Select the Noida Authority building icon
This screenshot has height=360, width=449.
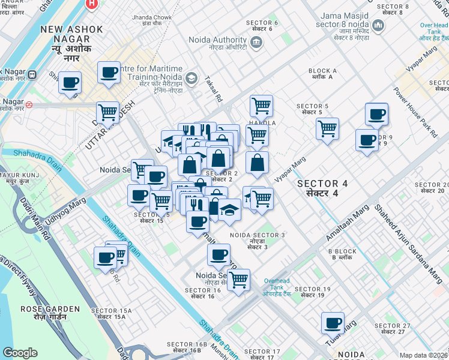(x=256, y=41)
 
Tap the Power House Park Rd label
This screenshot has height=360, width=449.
(x=415, y=111)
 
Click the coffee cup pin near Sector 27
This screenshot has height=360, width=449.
(x=332, y=323)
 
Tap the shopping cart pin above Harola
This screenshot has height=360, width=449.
(x=261, y=106)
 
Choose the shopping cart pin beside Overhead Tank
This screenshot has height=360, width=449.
(x=239, y=279)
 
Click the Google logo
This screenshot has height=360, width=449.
(x=20, y=353)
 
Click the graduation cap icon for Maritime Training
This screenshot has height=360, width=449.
(x=191, y=78)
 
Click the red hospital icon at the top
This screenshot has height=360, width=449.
(x=91, y=4)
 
